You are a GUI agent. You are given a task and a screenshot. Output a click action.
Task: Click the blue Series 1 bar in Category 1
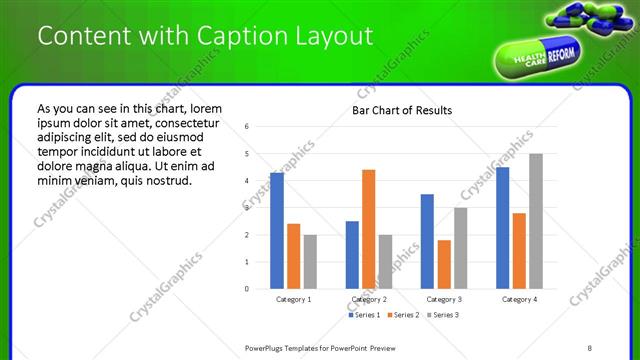(277, 231)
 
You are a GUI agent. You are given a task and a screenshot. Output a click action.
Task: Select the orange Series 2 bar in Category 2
(369, 229)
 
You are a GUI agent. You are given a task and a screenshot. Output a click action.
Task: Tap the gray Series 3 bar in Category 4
(536, 221)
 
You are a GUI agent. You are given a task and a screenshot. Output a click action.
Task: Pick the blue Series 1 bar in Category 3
(427, 241)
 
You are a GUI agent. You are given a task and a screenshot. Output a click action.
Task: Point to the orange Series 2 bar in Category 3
(444, 264)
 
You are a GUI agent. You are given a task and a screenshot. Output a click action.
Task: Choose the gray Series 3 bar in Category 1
(310, 261)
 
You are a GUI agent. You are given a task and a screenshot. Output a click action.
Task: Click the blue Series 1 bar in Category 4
(503, 228)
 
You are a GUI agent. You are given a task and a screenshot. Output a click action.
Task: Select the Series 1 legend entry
(363, 315)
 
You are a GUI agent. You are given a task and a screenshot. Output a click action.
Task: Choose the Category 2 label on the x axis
(369, 299)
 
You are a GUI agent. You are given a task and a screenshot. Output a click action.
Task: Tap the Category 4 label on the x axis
(519, 299)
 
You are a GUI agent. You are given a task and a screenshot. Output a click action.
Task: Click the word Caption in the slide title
(222, 36)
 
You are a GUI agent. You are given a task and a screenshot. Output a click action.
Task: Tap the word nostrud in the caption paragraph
(165, 181)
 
